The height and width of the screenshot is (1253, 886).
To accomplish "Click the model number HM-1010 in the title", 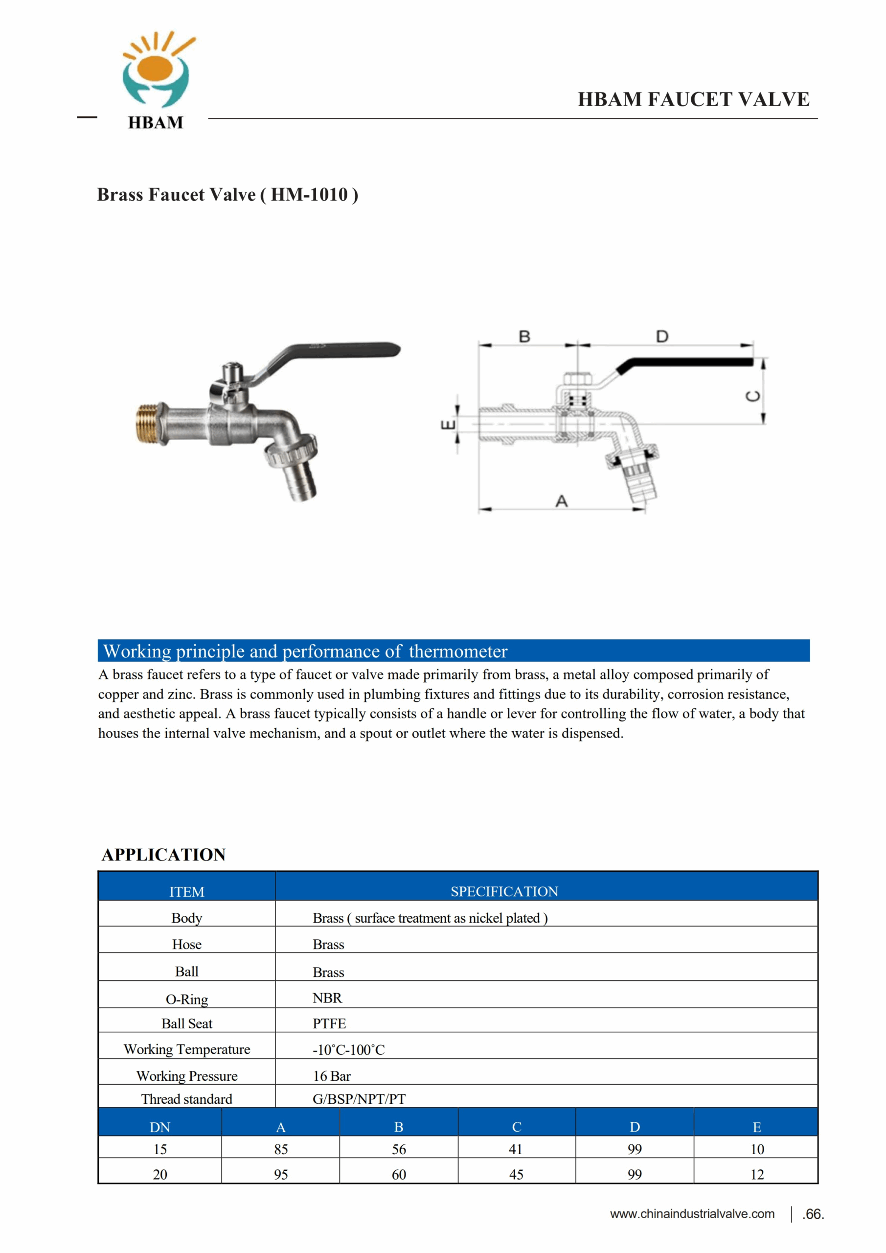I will pos(309,195).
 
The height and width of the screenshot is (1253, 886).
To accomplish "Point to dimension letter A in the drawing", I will pos(561,501).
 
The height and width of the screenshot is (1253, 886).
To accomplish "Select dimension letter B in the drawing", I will pos(524,336).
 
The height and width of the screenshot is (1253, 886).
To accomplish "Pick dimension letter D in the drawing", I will pos(662,336).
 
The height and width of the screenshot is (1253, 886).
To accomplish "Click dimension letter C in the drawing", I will pos(753,395).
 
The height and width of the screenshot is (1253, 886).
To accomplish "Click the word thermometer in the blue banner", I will pos(458,651).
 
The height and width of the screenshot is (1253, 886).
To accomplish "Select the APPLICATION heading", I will pos(164,855).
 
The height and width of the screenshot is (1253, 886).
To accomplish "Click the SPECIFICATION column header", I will pos(504,892).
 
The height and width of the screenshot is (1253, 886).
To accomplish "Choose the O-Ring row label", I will pos(186,999).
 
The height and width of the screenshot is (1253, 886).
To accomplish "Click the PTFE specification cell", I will pos(329,1024).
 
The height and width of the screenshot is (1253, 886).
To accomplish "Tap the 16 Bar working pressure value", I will pos(332,1076).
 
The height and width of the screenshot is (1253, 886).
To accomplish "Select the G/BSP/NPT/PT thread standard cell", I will pos(359,1099).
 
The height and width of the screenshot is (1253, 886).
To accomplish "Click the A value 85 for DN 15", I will pos(281,1149).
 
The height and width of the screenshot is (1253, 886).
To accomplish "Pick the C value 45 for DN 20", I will pos(516,1174).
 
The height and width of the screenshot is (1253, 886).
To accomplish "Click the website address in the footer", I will pos(692,1214).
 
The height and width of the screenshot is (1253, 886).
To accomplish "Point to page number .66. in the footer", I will pos(813,1214).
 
